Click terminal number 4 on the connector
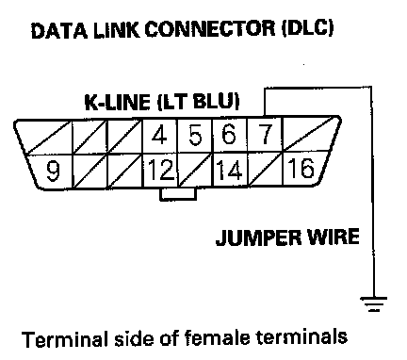coord(159,135)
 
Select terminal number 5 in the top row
coord(195,136)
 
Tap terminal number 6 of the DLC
coord(228,135)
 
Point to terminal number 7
coord(265,135)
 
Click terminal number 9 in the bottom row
coord(53,172)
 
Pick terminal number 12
coord(161,170)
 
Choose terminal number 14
coord(229,170)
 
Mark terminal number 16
coord(301,168)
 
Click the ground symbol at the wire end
coord(373,303)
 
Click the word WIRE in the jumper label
coord(334,237)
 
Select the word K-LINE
coord(117,102)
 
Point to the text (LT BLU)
coord(198,102)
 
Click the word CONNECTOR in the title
coord(209,29)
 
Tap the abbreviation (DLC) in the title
coord(307,28)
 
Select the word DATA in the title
coord(59,31)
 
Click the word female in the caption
coord(217,338)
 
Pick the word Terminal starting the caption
coord(66,339)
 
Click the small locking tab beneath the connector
coord(178,193)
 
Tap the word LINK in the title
coord(116,30)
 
